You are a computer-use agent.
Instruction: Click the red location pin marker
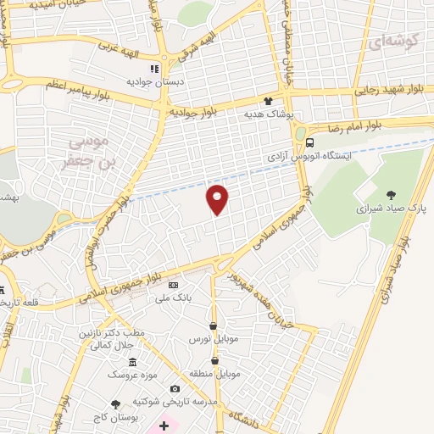coord(218,198)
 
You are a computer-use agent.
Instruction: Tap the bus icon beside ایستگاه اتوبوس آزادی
coord(311,143)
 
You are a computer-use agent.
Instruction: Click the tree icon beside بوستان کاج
coord(115,403)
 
